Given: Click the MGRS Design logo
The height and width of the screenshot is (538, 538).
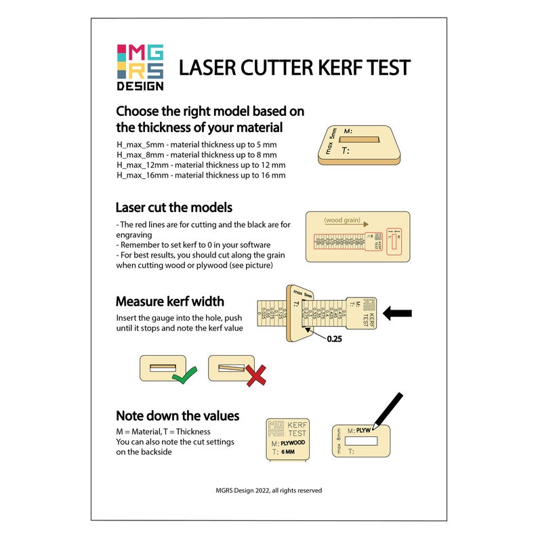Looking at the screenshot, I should coord(140,67).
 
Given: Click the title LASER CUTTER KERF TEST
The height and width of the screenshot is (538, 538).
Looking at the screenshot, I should coord(294,68).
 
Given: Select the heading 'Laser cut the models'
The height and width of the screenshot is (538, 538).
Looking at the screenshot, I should coord(174,207).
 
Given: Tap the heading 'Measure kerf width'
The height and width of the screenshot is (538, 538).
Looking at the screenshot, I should coord(170,302).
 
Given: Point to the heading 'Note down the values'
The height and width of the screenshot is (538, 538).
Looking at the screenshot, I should coord(178,416).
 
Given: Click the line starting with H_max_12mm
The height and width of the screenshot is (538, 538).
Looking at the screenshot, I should coord(201,165).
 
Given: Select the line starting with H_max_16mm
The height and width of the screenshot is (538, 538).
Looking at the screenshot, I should coord(201,175).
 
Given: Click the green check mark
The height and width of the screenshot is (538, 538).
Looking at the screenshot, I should coord(185,375).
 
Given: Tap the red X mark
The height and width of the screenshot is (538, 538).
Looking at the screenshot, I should coord(255,375).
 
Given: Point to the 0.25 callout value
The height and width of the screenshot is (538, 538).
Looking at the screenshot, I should coord(333,339).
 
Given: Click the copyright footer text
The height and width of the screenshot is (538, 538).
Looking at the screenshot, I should coord(269,490).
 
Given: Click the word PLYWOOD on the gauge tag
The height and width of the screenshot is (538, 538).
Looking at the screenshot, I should coord(293,442).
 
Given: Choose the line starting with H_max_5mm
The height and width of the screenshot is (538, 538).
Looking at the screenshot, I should coord(196,145).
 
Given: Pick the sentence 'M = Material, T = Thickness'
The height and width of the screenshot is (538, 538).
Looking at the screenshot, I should coord(163,432).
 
